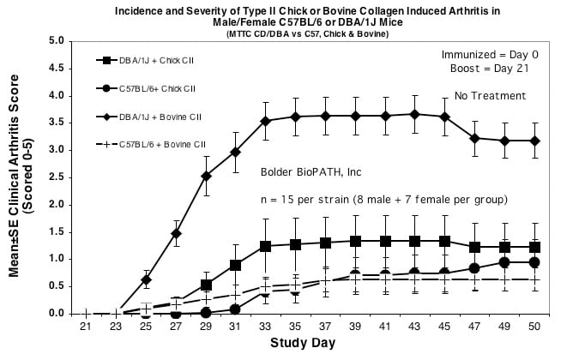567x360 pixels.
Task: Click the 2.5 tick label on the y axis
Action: click(57, 177)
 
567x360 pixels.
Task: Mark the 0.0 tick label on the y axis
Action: click(57, 314)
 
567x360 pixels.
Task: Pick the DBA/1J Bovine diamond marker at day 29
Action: click(206, 177)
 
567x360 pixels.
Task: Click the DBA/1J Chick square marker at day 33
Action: click(266, 246)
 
